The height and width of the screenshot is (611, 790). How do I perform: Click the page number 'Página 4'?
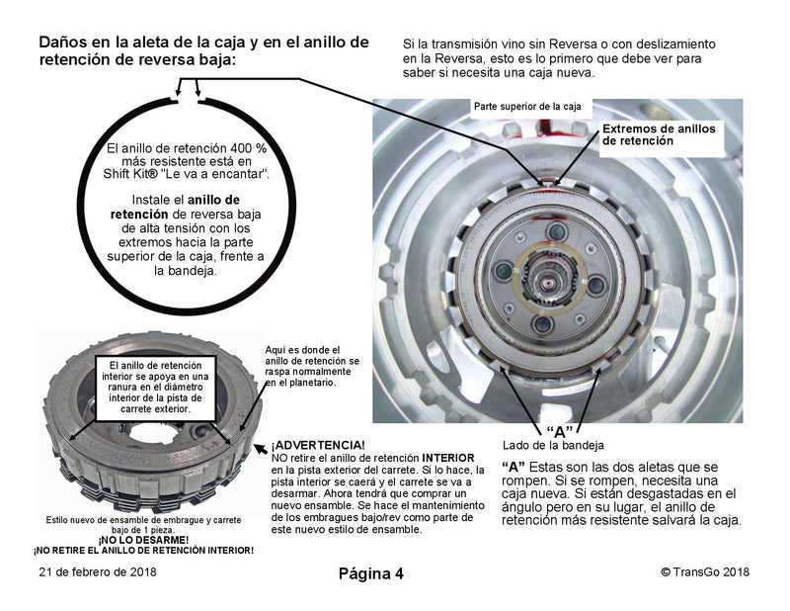coord(371,573)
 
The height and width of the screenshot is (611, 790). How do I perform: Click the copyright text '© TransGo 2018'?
coord(704,572)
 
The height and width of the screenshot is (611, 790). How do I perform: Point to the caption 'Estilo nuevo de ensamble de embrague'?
coord(144,520)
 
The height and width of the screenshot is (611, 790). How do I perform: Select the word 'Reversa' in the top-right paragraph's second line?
coord(450,59)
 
